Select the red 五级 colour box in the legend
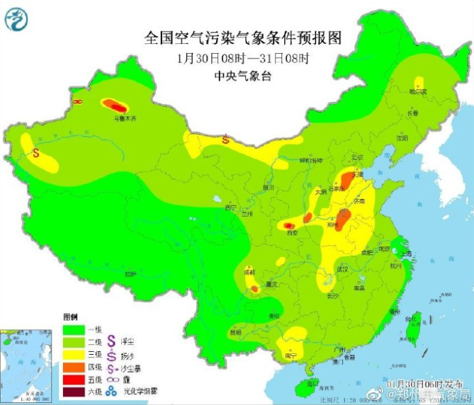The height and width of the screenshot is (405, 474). (74, 379)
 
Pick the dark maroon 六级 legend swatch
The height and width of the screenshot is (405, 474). (74, 392)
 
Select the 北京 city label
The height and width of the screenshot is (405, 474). (358, 156)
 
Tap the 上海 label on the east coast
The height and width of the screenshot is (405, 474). (406, 253)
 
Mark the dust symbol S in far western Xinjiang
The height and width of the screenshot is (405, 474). (35, 151)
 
